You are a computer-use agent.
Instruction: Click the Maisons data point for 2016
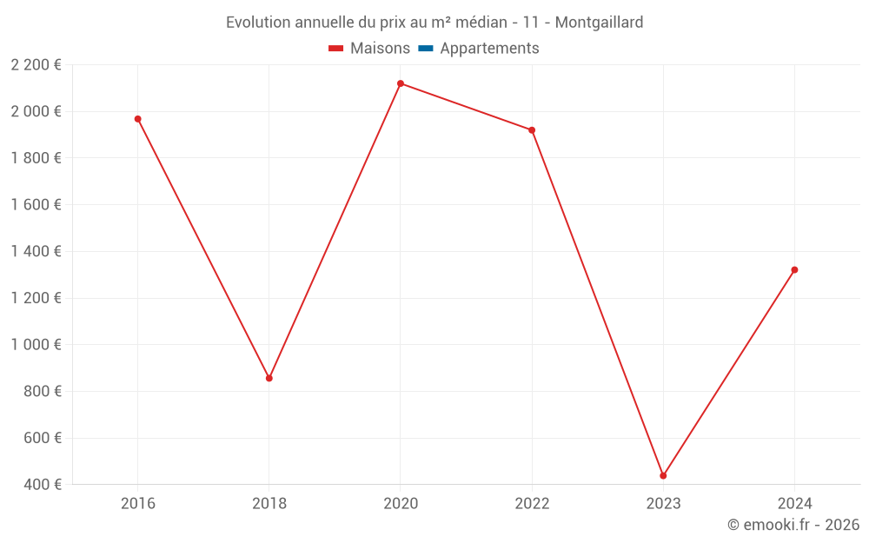(x=137, y=119)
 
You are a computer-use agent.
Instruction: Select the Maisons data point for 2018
(x=269, y=378)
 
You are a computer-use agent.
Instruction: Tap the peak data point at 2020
(x=401, y=83)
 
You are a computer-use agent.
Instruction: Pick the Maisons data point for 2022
(x=532, y=130)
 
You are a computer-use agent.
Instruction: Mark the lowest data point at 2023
(x=663, y=475)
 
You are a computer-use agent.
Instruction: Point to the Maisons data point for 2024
(x=794, y=270)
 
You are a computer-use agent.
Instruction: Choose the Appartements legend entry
(x=489, y=49)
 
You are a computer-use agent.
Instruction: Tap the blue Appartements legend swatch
(x=426, y=49)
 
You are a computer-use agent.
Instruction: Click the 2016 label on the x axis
(x=137, y=503)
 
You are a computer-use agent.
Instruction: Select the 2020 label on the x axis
(x=401, y=503)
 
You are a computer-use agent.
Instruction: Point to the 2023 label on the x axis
(x=663, y=503)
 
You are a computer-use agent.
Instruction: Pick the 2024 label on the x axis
(x=794, y=503)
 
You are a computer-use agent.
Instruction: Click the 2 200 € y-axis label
(x=36, y=65)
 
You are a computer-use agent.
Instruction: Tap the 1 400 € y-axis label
(x=36, y=252)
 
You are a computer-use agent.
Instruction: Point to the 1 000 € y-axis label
(x=36, y=345)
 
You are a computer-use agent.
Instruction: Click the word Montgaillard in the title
(x=599, y=23)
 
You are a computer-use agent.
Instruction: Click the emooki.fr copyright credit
(x=793, y=525)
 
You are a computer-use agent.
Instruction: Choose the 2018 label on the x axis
(x=269, y=503)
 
